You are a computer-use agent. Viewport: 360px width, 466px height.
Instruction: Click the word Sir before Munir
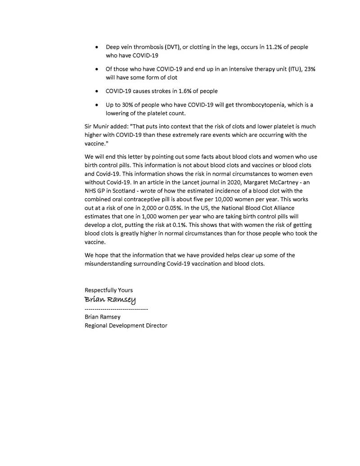pos(89,127)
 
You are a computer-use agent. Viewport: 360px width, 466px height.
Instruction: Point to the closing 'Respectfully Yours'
pos(108,290)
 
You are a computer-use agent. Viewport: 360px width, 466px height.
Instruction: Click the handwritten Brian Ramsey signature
pos(110,300)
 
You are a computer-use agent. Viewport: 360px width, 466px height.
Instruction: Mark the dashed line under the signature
pos(116,309)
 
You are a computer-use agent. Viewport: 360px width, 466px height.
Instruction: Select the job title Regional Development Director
pos(126,326)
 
